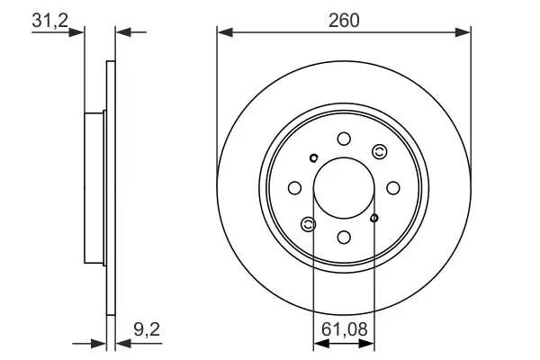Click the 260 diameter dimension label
[x=344, y=21]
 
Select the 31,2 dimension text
[x=50, y=21]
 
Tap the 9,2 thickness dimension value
[x=147, y=329]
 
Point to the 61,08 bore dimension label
[x=345, y=329]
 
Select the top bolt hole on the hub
[x=344, y=139]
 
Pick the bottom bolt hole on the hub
[x=344, y=238]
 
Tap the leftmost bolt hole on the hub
[x=295, y=188]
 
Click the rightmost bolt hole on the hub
[x=393, y=188]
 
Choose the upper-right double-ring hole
[x=380, y=151]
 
